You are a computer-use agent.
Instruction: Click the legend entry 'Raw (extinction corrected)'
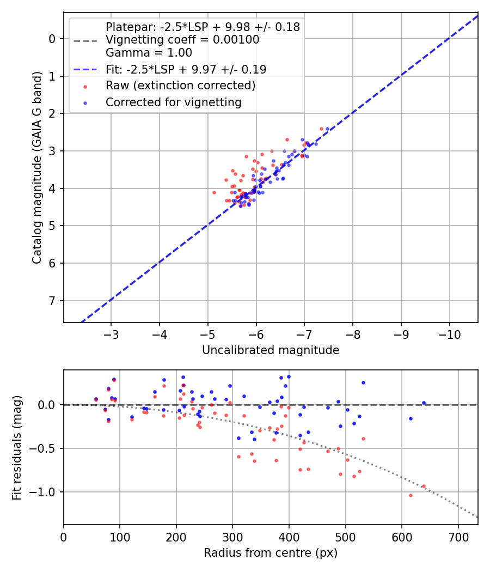coord(180,86)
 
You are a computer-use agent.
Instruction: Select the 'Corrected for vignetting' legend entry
coord(173,102)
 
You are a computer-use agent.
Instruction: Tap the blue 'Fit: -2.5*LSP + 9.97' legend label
coord(186,69)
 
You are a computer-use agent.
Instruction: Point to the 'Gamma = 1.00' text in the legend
coord(149,53)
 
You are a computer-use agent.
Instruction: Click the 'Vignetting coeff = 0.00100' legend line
coord(182,40)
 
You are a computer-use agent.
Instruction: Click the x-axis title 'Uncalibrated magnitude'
coord(271,350)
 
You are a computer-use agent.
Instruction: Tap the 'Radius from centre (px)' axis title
coord(271,553)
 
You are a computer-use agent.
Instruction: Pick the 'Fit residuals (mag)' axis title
coord(17,447)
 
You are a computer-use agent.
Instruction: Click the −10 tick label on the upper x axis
coord(449,333)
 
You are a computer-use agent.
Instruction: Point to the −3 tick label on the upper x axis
coord(111,333)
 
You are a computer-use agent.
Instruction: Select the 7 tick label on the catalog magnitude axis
coord(52,301)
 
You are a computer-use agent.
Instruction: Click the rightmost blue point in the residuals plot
coord(424,403)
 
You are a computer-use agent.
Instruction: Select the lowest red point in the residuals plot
coord(411,495)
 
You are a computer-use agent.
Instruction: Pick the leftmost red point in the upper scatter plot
coord(214,192)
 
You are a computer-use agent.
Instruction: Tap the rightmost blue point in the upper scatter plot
coord(327,129)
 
